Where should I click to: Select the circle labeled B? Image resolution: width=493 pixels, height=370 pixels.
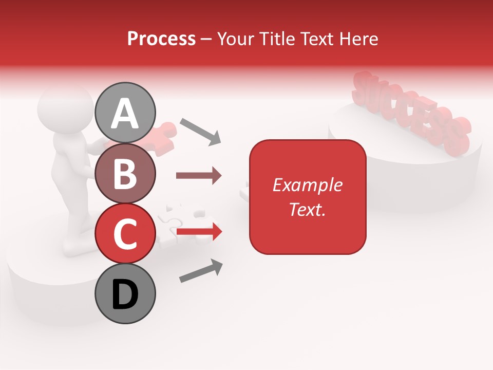coord(125,173)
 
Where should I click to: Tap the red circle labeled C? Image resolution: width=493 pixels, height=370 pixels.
coord(125,233)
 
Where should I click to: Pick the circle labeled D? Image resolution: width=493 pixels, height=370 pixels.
coord(125,293)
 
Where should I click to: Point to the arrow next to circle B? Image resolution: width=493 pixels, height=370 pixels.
coord(199,176)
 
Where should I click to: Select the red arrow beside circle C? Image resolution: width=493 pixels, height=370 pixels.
coord(199,232)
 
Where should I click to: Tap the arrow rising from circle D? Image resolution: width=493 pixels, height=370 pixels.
coord(201,271)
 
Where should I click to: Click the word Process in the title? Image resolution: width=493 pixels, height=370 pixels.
coord(161,39)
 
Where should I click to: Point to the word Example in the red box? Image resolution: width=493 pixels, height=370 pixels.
coord(307,185)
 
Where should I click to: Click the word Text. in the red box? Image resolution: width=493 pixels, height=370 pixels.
coord(307,209)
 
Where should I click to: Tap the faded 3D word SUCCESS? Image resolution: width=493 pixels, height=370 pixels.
coord(411,113)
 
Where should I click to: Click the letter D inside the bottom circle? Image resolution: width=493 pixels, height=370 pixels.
coord(125,294)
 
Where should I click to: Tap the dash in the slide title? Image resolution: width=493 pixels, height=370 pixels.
coord(206,39)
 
